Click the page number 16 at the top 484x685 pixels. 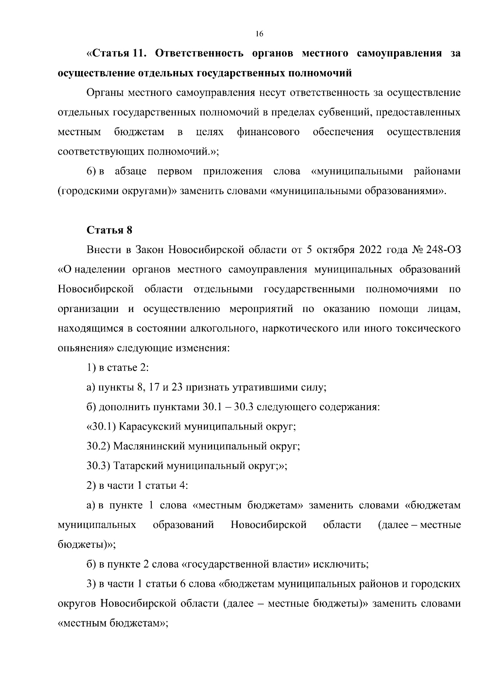(x=259, y=34)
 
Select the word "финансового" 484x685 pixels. (x=268, y=132)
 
